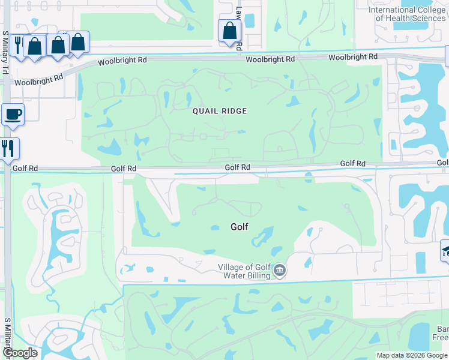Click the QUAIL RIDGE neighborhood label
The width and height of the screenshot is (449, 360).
[x=220, y=111]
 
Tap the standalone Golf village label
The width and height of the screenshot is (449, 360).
[x=240, y=227]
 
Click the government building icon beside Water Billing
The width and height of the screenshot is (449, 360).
[x=279, y=271]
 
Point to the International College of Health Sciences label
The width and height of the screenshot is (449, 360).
[x=407, y=14]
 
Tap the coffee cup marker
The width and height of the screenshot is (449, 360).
[x=13, y=114]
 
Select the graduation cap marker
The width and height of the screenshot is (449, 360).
[x=445, y=250]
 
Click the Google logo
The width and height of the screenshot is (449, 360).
[x=20, y=353]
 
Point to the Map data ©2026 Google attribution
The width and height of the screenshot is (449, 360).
[x=412, y=355]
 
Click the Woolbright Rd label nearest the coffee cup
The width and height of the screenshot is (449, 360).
[x=39, y=79]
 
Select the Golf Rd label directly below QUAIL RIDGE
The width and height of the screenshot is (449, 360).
[x=238, y=167]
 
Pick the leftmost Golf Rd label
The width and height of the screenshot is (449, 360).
[x=124, y=169]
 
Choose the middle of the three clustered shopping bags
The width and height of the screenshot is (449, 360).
[x=58, y=45]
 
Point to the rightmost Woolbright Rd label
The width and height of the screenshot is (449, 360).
[x=353, y=57]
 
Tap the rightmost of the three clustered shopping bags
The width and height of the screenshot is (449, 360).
[x=78, y=42]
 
